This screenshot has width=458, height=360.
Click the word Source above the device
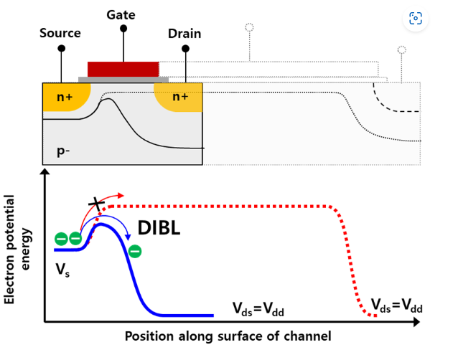click(60, 33)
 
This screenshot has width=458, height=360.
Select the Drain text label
click(184, 34)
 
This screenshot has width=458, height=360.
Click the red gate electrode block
click(123, 69)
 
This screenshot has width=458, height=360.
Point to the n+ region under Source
click(63, 96)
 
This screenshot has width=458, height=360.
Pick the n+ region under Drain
click(179, 96)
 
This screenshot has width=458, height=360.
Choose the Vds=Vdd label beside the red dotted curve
click(397, 307)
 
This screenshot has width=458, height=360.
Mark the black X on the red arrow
click(94, 204)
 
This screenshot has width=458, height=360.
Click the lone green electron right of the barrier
click(135, 251)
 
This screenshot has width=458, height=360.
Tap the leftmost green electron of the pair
click(61, 239)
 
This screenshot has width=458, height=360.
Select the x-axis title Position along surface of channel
click(228, 336)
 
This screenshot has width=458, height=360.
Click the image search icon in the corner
click(415, 19)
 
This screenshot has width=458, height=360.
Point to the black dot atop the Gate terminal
click(123, 29)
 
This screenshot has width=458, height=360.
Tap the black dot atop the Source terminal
click(61, 48)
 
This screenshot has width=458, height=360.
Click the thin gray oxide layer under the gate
click(123, 80)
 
